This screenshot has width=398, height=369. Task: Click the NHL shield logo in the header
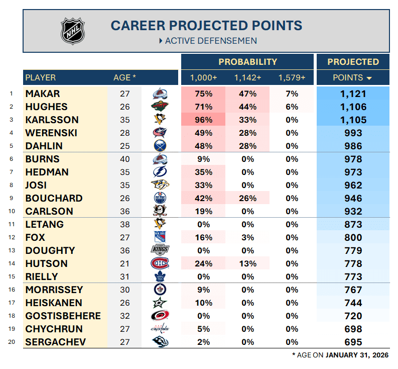point(73,31)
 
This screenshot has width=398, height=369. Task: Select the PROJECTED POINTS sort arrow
point(369,78)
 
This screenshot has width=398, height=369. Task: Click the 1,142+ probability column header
point(247,78)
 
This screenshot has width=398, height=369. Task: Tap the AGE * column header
point(124,78)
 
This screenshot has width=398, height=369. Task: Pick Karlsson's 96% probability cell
point(203,120)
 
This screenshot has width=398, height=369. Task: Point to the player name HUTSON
point(46,264)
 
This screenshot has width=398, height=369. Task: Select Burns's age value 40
point(125,159)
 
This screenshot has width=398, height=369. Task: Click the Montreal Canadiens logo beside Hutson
point(160,263)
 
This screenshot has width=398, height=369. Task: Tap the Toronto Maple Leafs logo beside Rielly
point(160,276)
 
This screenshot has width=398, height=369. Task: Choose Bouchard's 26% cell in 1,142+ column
point(247,199)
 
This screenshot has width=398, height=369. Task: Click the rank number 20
point(11,342)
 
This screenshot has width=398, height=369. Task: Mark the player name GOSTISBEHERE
point(63,316)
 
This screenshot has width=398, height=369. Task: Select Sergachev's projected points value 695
point(353,342)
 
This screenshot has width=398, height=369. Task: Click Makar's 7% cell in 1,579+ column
point(292,94)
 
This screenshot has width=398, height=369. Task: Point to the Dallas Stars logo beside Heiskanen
point(160,303)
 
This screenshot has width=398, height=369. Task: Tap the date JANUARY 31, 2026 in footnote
point(356,355)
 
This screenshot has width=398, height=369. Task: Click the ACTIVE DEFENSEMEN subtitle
point(211,41)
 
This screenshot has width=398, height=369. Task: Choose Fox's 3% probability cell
point(247,238)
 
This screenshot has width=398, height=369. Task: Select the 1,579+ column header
point(292,78)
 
